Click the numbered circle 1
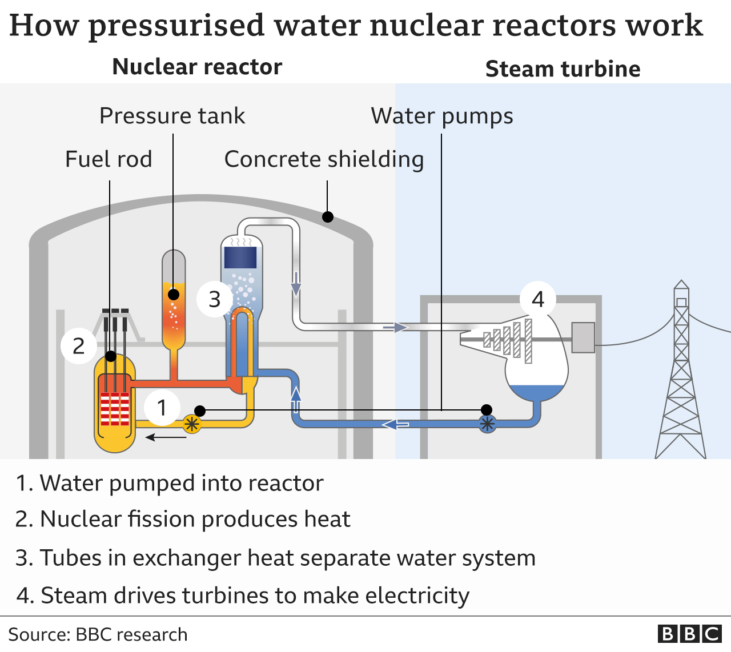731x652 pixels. [162, 408]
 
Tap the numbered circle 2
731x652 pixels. [79, 345]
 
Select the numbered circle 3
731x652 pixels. [215, 299]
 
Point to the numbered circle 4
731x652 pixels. [538, 299]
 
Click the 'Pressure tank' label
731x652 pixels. [172, 116]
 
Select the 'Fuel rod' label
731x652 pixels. [109, 159]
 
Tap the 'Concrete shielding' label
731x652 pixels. [324, 159]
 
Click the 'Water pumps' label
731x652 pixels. [442, 116]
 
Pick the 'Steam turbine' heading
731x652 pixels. [563, 69]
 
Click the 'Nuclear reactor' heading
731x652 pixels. [197, 67]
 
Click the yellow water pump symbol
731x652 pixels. [192, 424]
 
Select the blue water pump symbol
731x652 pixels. [487, 424]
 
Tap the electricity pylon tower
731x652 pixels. [681, 377]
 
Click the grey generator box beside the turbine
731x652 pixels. [583, 337]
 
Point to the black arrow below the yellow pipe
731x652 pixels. [166, 438]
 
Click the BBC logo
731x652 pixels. [689, 634]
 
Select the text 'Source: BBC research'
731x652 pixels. [98, 634]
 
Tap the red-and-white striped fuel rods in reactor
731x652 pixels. [115, 409]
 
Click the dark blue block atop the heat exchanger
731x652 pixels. [240, 257]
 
